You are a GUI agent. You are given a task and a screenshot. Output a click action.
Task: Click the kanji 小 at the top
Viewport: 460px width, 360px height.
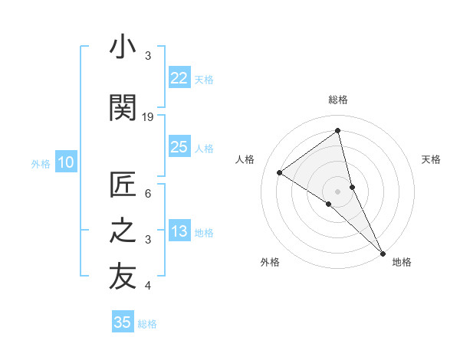123,47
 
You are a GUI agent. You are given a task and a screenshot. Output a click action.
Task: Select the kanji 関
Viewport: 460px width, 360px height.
123,108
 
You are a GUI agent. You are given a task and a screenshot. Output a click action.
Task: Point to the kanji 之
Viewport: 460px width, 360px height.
123,231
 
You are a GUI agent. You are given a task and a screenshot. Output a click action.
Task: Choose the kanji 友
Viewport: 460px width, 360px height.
123,277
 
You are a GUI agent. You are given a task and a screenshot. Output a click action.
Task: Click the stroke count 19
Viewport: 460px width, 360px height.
148,116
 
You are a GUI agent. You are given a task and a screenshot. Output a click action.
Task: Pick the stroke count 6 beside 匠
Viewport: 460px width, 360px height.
148,194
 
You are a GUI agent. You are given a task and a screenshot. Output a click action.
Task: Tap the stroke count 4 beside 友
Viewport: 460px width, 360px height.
148,286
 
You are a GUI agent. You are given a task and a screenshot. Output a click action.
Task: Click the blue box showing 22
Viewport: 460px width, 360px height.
179,77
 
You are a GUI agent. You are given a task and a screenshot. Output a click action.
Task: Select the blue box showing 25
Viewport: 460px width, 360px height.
179,147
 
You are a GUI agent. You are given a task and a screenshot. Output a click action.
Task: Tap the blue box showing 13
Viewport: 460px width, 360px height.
179,231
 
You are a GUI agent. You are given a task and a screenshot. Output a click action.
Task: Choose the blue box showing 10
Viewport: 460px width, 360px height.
66,162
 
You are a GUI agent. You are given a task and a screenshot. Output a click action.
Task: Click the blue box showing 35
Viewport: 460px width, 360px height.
123,322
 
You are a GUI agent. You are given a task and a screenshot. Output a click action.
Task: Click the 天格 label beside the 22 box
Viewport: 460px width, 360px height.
204,79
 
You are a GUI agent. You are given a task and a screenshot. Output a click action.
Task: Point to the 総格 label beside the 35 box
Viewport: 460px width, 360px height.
147,324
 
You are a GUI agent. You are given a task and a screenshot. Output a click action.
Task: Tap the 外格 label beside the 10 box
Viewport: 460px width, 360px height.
41,163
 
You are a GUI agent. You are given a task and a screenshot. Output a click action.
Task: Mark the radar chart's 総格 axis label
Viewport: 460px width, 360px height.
337,100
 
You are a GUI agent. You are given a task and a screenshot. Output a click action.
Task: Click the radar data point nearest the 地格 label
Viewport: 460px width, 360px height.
383,252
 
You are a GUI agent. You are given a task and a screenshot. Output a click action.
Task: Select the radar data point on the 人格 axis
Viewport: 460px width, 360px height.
279,172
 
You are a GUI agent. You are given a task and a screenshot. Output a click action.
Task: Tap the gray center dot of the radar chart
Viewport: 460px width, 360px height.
337,190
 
